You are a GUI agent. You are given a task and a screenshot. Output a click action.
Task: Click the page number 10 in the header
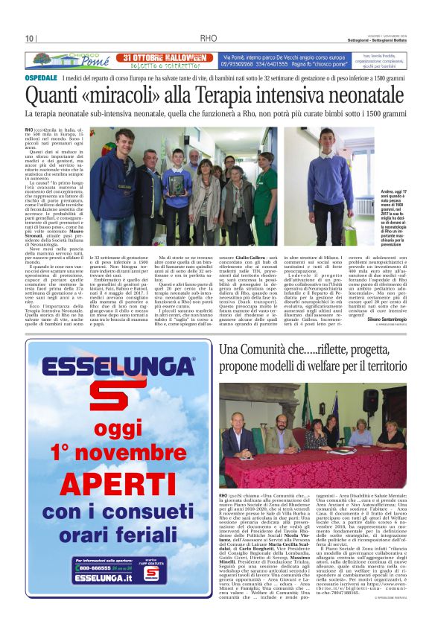click(30, 39)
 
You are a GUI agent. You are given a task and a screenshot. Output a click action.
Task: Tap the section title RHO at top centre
click(209, 39)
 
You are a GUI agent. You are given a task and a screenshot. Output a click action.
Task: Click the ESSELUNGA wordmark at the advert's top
click(118, 367)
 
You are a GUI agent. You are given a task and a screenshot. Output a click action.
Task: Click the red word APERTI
click(118, 486)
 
